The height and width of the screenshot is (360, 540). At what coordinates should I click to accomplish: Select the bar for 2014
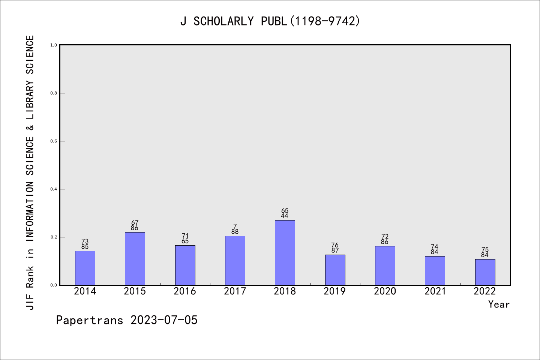(x=85, y=268)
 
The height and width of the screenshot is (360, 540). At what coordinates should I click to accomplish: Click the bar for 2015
(x=135, y=259)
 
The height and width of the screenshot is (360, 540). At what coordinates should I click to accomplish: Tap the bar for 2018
(x=285, y=253)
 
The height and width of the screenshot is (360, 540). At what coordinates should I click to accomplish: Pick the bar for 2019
(x=335, y=270)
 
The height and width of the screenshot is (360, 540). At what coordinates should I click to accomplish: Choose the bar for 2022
(x=485, y=272)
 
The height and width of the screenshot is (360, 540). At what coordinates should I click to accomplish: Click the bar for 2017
(x=235, y=261)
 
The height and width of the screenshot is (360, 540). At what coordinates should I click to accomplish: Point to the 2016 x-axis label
(x=185, y=291)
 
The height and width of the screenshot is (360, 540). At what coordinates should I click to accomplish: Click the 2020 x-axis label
(x=385, y=291)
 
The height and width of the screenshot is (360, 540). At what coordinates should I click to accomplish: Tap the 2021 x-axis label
(x=435, y=291)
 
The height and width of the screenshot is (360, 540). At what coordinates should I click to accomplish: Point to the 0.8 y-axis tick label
(x=54, y=93)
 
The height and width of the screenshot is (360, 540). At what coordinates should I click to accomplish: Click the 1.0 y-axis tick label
(x=54, y=45)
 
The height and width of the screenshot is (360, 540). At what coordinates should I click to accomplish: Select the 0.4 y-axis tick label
(x=54, y=189)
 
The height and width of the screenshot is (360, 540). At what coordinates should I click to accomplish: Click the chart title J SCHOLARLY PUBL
(x=270, y=21)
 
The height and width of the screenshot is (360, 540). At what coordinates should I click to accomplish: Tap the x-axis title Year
(x=499, y=304)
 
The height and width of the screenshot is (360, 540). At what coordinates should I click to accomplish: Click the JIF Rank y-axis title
(x=30, y=172)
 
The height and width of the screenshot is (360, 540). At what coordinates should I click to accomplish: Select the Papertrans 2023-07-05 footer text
(x=127, y=320)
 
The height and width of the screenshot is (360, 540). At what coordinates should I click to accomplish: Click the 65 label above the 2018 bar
(x=285, y=210)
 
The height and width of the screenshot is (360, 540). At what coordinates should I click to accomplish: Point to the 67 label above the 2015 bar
(x=135, y=223)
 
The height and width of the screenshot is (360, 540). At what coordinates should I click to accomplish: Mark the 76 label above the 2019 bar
(x=335, y=245)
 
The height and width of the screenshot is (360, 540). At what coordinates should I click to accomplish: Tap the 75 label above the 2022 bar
(x=485, y=250)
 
